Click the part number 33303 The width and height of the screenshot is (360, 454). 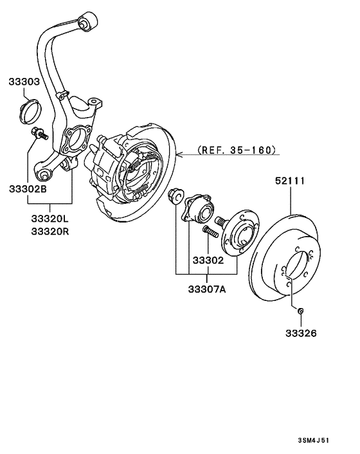tap(24, 82)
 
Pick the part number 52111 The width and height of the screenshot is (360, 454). tap(291, 183)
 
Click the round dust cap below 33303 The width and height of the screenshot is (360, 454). tap(29, 111)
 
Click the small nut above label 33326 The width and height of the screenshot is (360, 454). tap(301, 312)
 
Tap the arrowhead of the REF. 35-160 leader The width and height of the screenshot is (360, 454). tap(181, 154)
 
